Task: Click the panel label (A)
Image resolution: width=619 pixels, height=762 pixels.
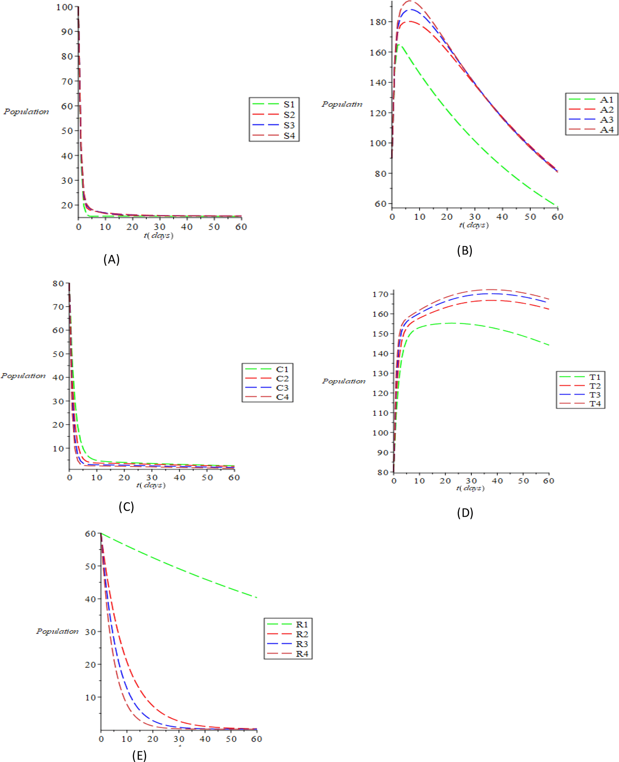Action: point(111,259)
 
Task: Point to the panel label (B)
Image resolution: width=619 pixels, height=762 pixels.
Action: point(464,251)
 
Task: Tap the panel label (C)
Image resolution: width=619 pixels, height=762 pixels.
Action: point(126,507)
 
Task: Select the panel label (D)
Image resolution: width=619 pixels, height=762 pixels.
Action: point(465,513)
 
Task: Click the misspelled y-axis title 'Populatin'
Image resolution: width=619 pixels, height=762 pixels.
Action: point(342,104)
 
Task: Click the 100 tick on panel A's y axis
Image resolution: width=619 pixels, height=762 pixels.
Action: point(65,7)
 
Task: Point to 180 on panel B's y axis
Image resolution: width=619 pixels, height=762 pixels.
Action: point(378,22)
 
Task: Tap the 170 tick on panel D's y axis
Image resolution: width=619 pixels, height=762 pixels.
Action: point(380,294)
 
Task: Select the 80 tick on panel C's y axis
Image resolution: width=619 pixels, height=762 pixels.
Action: point(58,284)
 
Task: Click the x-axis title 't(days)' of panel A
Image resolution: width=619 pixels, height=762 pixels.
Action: point(159,236)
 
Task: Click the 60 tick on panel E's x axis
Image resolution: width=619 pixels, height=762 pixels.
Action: point(256,739)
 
